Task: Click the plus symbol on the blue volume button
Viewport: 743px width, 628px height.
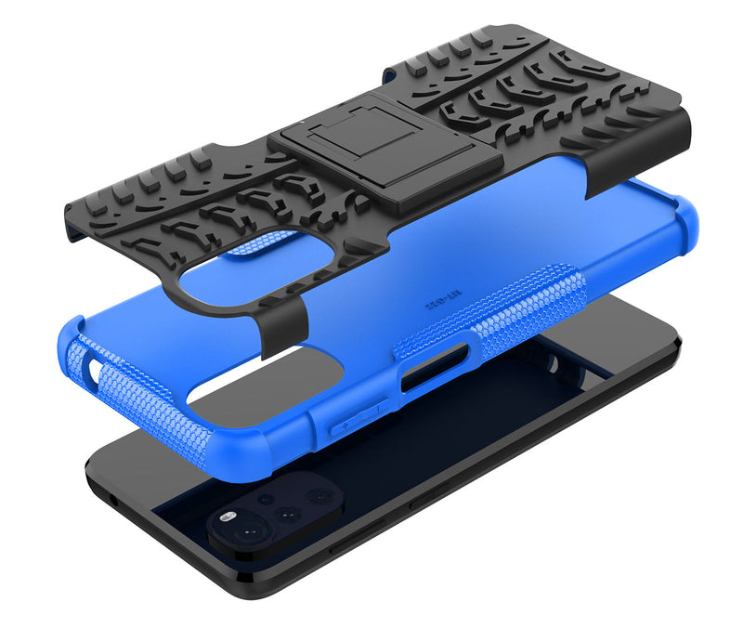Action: point(346,424)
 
